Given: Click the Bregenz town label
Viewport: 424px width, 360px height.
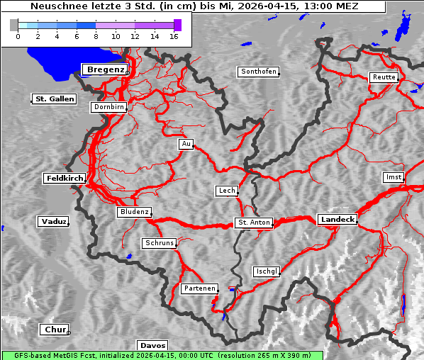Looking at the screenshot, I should click(x=105, y=69).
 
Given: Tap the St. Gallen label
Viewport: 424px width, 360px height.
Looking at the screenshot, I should click(x=54, y=99).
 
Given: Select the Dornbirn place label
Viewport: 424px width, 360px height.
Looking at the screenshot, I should click(x=109, y=108).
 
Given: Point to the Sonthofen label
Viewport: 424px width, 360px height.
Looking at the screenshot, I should click(x=259, y=72).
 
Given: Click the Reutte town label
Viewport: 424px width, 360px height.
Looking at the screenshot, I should click(x=384, y=77).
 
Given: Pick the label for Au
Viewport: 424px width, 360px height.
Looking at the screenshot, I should click(x=186, y=145).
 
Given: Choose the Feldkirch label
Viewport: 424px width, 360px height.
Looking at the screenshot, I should click(x=65, y=179).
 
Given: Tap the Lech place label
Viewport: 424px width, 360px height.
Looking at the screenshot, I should click(x=227, y=191).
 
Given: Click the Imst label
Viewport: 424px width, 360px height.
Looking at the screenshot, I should click(x=392, y=176).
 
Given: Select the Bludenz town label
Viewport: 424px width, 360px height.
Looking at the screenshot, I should click(x=134, y=212).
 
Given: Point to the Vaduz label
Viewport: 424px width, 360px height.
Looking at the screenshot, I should click(x=53, y=222).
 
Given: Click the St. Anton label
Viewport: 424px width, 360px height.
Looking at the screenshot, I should click(x=254, y=223).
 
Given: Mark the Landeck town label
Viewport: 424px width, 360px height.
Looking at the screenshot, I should click(x=337, y=220).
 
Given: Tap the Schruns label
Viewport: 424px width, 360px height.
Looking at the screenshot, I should click(x=159, y=243).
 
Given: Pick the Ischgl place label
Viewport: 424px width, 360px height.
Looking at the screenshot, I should click(x=267, y=271).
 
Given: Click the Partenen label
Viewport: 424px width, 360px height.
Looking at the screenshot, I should click(x=199, y=289).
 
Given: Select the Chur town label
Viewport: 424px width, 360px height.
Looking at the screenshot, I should click(x=54, y=330).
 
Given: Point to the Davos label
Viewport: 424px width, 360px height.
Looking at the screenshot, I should click(x=152, y=345).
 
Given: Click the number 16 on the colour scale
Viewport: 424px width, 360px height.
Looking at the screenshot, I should click(x=173, y=35).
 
